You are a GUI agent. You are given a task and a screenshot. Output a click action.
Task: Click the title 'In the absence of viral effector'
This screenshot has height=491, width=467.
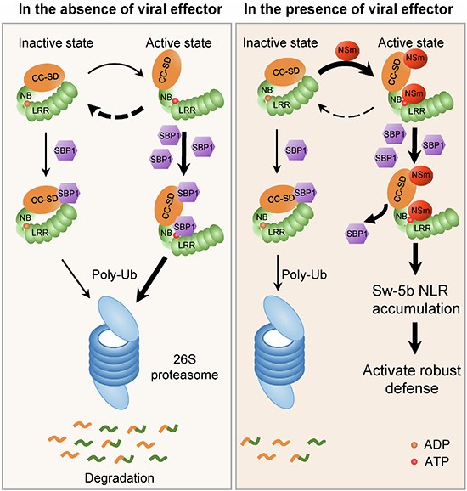[x=121, y=8]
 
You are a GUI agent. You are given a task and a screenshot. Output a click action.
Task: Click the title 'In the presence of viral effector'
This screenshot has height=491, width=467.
[x=348, y=8]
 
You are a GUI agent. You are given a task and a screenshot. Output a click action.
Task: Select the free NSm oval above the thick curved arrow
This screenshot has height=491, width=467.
[x=347, y=50]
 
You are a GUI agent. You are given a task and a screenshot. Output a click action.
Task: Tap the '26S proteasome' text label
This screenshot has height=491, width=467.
[x=184, y=367]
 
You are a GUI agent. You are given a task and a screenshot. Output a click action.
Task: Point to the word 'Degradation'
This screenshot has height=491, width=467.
[x=120, y=478]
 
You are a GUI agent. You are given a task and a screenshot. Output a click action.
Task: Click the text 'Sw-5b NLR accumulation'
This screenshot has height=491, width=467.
[x=415, y=300]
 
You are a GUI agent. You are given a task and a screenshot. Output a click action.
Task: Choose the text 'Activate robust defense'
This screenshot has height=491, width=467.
[x=412, y=379]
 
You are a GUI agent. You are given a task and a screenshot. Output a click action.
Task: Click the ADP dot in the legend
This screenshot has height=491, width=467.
[x=415, y=444]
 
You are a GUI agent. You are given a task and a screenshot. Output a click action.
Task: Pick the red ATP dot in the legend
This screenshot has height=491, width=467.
[x=415, y=461]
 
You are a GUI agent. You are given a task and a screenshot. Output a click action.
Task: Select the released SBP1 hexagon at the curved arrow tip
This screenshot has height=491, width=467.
[x=357, y=234]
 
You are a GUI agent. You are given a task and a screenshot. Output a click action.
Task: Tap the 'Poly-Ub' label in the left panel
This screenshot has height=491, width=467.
[x=115, y=274]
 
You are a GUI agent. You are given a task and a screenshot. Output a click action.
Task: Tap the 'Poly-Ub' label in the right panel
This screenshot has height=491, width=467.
[x=304, y=274]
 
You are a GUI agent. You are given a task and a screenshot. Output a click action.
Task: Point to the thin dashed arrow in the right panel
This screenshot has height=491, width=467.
[x=346, y=115]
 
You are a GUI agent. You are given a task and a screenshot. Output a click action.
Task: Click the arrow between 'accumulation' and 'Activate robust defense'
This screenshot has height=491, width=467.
[x=415, y=338]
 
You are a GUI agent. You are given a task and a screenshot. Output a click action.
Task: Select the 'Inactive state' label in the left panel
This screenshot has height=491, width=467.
[x=56, y=43]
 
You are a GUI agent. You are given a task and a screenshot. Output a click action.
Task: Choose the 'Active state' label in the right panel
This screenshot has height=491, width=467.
[x=411, y=43]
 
